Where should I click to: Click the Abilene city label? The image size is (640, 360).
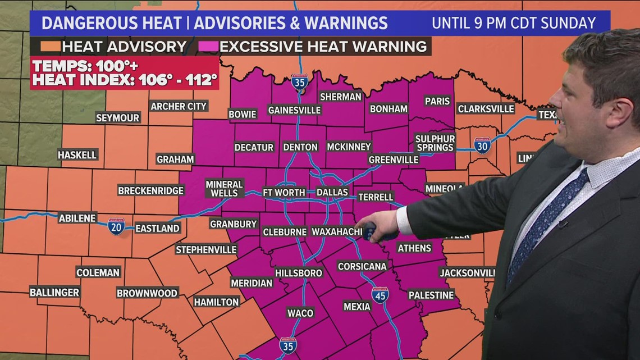click(x=77, y=218)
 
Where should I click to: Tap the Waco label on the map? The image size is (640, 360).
click(x=300, y=313)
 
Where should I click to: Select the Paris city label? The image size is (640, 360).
click(x=437, y=101)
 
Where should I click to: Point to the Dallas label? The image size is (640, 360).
click(x=332, y=192)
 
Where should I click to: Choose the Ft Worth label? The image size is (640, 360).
click(x=284, y=192)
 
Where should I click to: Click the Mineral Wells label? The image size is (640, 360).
click(x=224, y=188)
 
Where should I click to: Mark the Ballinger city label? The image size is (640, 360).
click(x=54, y=292)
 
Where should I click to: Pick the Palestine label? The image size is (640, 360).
click(x=431, y=295)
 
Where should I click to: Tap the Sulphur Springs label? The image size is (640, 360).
click(x=435, y=143)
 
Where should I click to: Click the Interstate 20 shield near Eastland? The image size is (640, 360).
click(x=116, y=226)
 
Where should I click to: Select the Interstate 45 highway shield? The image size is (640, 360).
click(x=380, y=295)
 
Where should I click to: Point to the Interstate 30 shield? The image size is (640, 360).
click(x=482, y=145)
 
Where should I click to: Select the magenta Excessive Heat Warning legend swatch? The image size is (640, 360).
click(x=208, y=46)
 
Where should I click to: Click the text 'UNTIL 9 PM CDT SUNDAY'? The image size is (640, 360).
click(x=513, y=23)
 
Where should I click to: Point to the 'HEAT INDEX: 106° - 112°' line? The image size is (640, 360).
click(x=124, y=80)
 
